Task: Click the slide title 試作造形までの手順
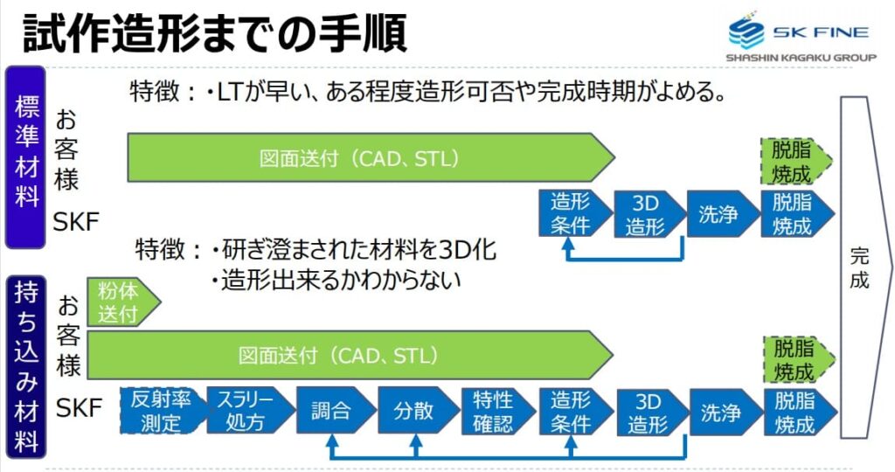pyautogui.click(x=215, y=32)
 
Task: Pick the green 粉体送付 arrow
pyautogui.click(x=121, y=302)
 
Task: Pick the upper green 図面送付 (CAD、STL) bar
pyautogui.click(x=367, y=158)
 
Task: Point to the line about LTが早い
pyautogui.click(x=428, y=92)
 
